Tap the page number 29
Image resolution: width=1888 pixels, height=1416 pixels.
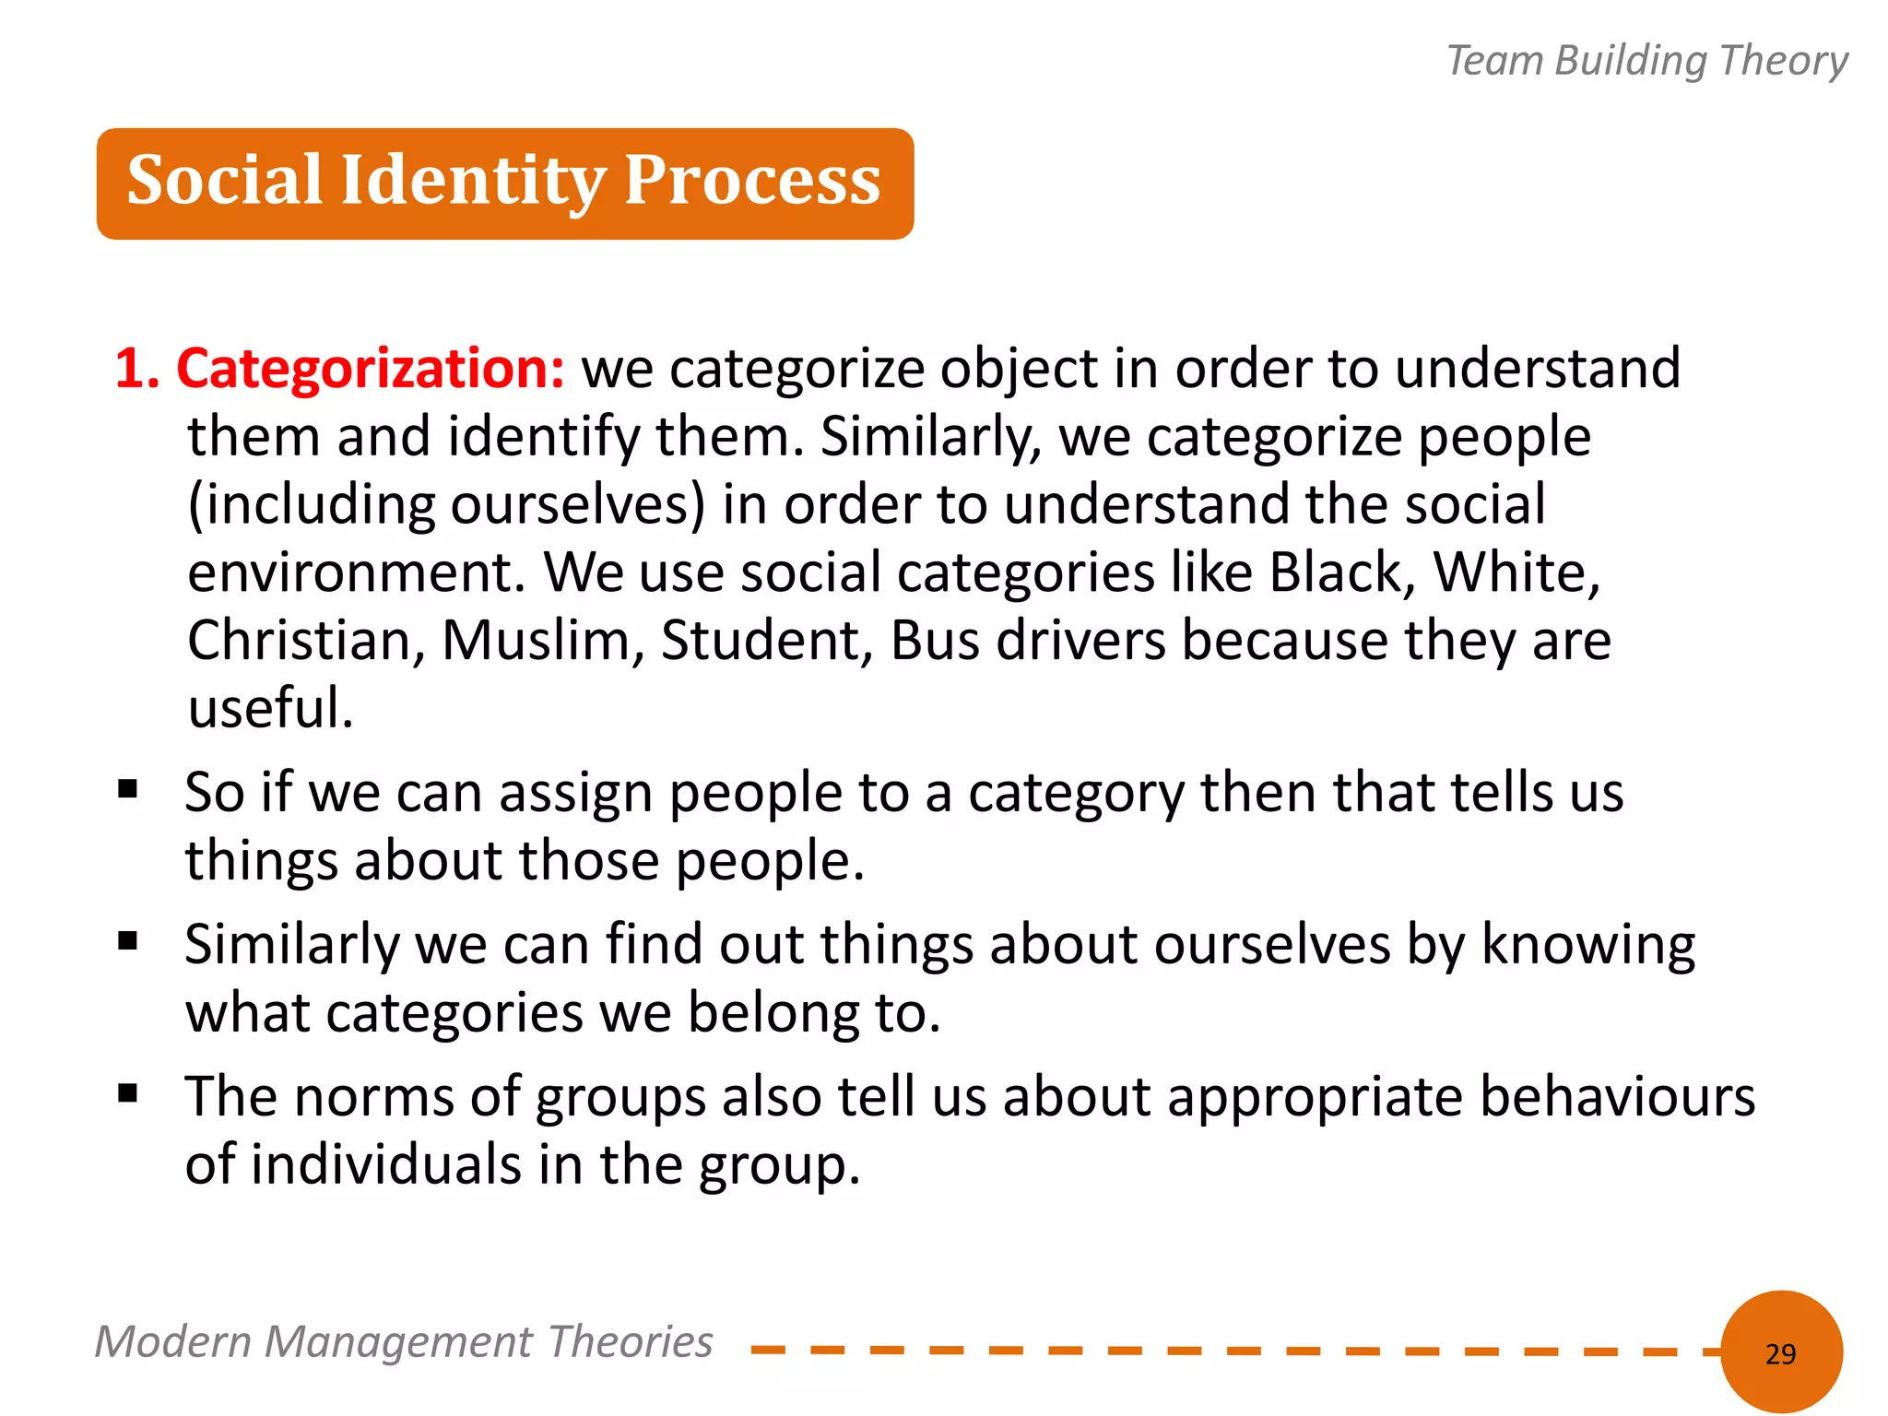pyautogui.click(x=1780, y=1353)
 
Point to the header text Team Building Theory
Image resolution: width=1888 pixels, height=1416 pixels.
pyautogui.click(x=1646, y=61)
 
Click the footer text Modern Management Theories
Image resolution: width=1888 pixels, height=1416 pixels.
pyautogui.click(x=404, y=1341)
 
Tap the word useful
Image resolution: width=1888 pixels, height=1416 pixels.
pyautogui.click(x=269, y=708)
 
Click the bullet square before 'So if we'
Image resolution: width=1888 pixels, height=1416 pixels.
pyautogui.click(x=128, y=789)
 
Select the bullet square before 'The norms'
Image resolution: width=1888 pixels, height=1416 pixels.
pyautogui.click(x=128, y=1094)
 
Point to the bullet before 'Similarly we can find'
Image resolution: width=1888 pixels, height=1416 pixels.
pyautogui.click(x=128, y=941)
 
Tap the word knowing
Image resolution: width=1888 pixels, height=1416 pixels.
pyautogui.click(x=1587, y=946)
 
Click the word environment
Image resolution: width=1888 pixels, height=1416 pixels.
pyautogui.click(x=356, y=572)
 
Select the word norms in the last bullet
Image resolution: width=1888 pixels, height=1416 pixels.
pyautogui.click(x=374, y=1097)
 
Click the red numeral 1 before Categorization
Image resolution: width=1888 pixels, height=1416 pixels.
pyautogui.click(x=130, y=369)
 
